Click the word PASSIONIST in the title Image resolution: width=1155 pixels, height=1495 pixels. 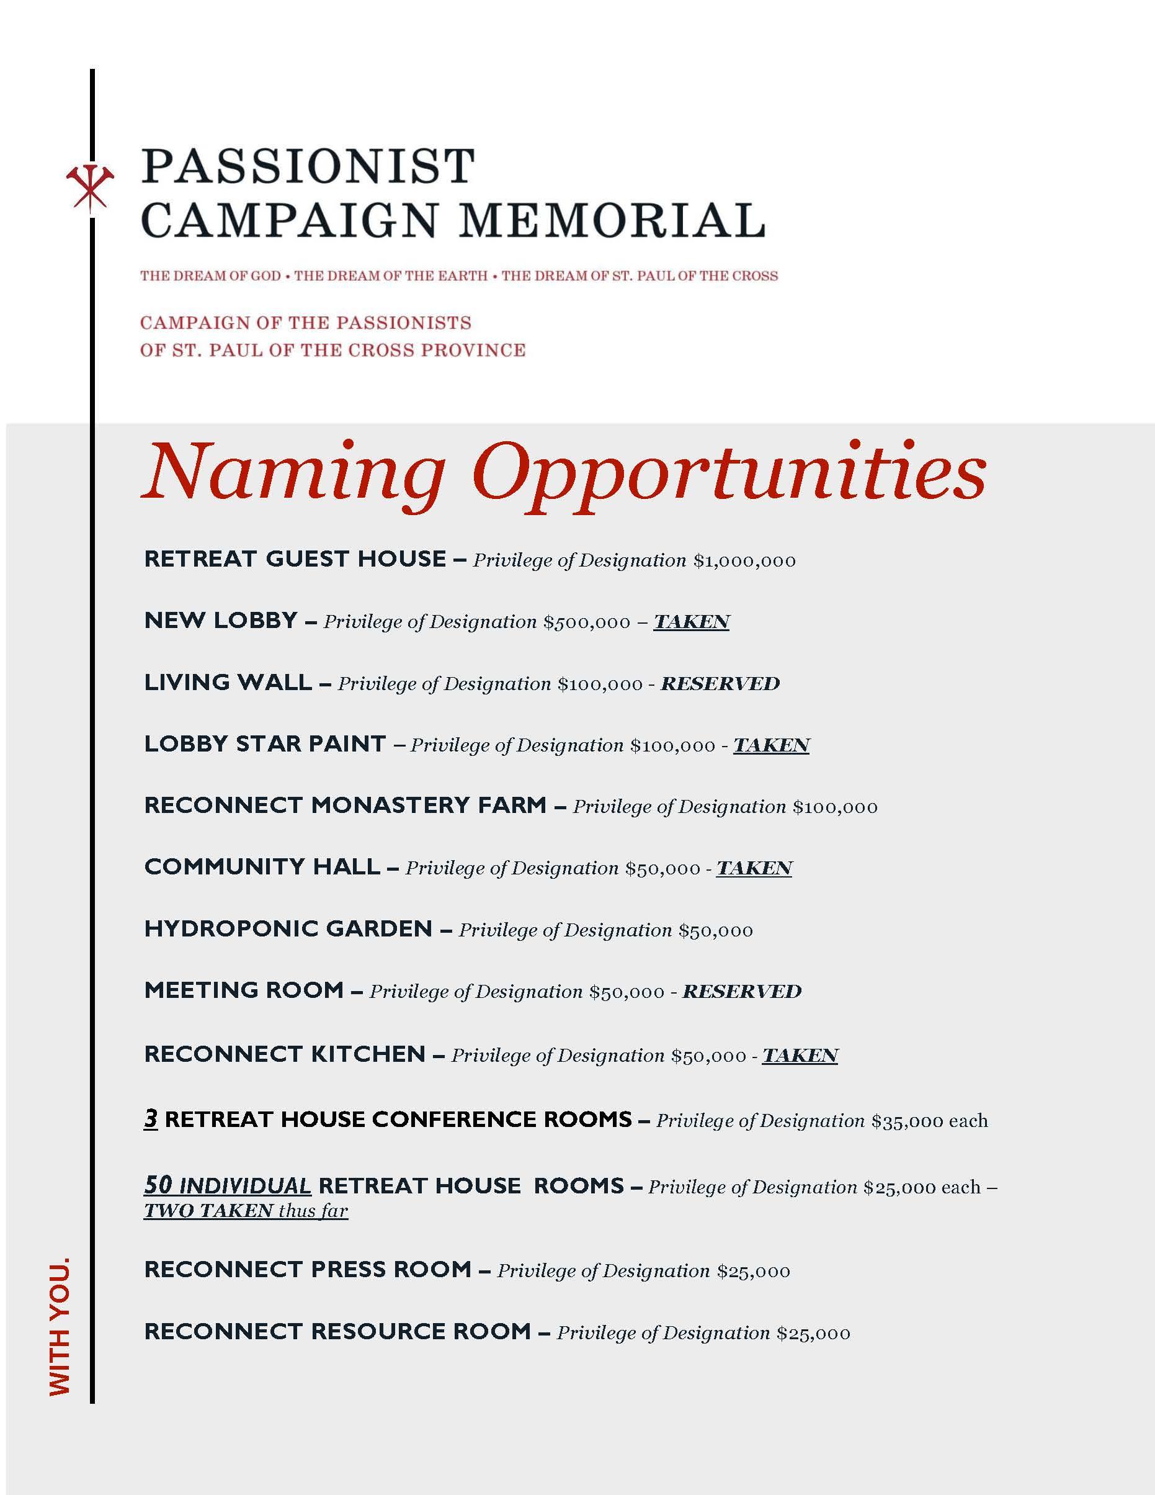tap(308, 166)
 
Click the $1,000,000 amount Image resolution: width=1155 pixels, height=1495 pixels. tap(744, 561)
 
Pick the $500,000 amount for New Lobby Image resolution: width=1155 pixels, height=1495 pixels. tap(586, 622)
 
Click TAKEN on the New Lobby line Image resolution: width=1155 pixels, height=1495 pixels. tap(691, 622)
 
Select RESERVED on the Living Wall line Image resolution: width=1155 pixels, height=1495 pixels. tap(720, 684)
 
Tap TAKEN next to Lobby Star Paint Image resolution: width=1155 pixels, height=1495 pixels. tap(771, 745)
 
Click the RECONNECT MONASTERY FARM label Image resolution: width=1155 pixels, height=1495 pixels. tap(345, 806)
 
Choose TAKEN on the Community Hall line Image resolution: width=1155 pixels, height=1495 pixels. tap(754, 868)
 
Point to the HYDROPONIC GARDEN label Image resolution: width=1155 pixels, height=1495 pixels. tap(288, 929)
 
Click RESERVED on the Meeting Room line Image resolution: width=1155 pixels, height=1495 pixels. tap(742, 991)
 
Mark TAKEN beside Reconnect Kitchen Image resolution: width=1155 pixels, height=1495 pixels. tap(800, 1056)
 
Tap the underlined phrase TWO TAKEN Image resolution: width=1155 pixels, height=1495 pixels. tap(208, 1211)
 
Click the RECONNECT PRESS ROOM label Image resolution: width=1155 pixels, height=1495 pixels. tap(308, 1270)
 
